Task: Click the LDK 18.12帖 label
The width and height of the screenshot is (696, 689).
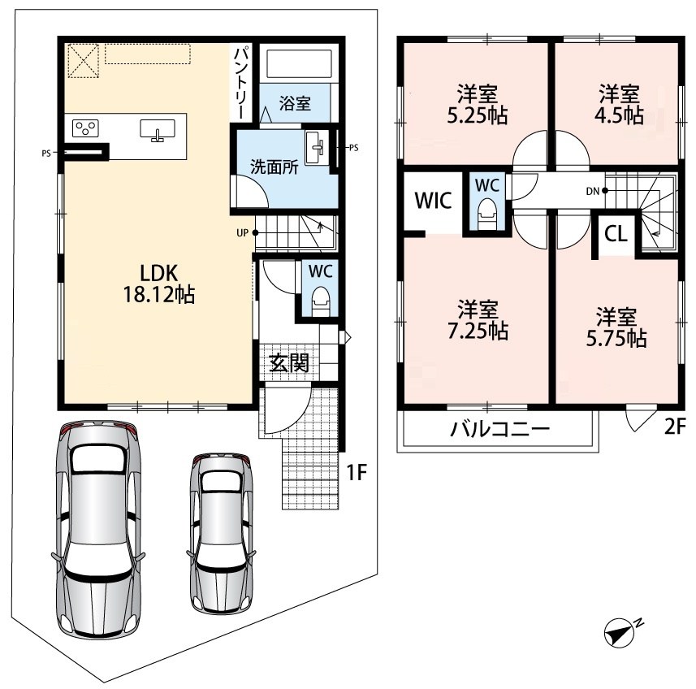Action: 159,284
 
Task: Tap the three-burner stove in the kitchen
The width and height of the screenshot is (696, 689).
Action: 85,128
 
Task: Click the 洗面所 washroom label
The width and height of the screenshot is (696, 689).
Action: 274,167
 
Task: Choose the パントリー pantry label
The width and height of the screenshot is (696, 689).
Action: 242,82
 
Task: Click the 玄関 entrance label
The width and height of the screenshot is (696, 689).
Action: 289,362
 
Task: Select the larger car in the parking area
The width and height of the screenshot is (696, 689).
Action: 98,529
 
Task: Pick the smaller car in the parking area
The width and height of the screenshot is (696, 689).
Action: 221,532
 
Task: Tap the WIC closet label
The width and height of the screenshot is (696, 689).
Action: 433,200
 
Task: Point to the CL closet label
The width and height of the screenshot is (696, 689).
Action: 616,233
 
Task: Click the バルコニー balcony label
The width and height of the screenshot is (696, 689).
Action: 499,429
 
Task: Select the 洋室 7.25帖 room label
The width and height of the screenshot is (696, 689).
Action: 478,320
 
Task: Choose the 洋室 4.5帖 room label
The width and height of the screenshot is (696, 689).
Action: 619,105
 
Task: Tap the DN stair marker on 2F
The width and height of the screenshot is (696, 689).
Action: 595,191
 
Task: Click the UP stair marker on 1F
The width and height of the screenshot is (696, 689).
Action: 247,232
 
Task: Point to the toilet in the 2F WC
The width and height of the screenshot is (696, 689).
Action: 486,214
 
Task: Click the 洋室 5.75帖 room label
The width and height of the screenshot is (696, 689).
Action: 616,327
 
